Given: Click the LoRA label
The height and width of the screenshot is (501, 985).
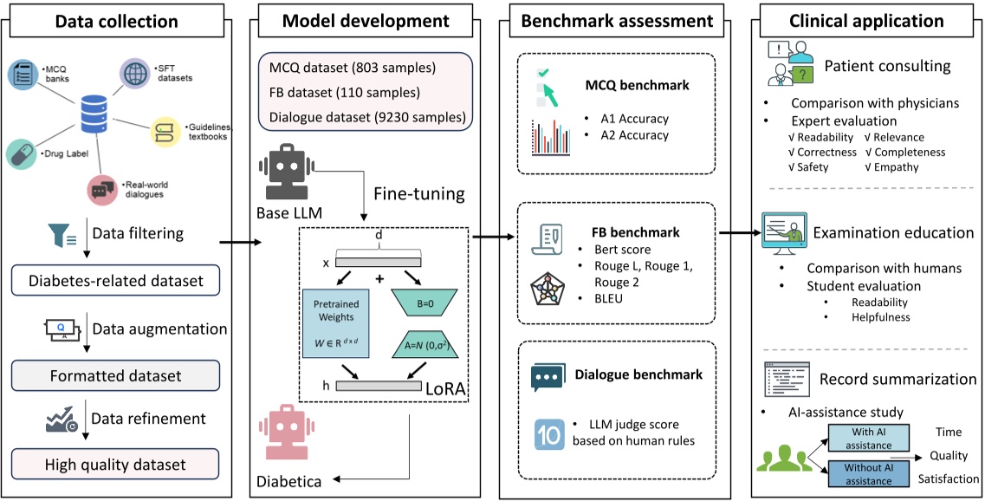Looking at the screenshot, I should [x=442, y=391].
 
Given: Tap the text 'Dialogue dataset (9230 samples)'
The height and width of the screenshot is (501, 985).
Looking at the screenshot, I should [x=366, y=117].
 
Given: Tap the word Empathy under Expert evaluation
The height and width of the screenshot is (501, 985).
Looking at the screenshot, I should [x=898, y=167].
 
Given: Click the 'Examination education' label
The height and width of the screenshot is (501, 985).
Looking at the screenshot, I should [x=893, y=232].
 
